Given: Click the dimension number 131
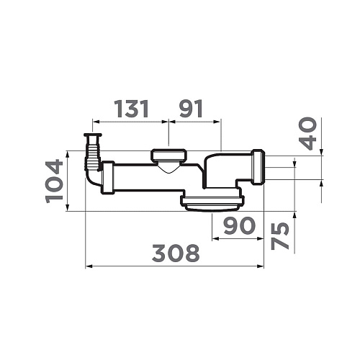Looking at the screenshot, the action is point(131,109).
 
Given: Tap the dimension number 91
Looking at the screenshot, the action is point(191,109).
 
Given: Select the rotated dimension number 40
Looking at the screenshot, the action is point(309,133).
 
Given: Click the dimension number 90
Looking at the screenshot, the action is point(239,225).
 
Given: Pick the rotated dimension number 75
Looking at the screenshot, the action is point(279,236).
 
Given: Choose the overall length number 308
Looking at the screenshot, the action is point(176,253).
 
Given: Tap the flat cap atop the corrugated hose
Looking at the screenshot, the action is point(93,135).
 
